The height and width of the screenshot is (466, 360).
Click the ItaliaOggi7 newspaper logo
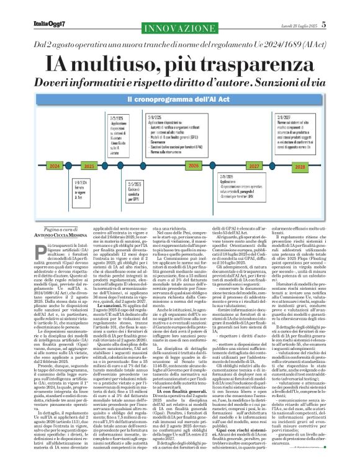(34, 8)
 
